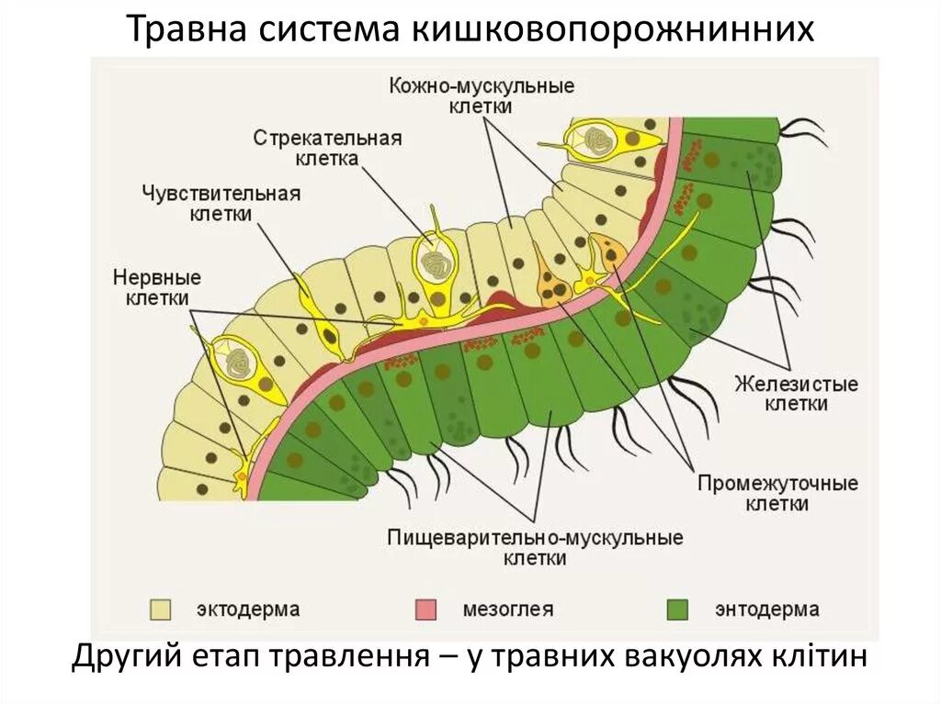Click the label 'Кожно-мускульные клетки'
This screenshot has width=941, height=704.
[x=481, y=95]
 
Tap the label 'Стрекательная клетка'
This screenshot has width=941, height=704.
[x=327, y=148]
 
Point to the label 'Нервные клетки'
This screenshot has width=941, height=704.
[x=157, y=286]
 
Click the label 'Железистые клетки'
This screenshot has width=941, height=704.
[x=795, y=393]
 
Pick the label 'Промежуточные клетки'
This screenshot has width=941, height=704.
[x=777, y=493]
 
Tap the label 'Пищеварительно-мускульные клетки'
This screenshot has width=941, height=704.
[x=535, y=547]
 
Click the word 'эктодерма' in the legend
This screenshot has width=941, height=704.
[x=248, y=609]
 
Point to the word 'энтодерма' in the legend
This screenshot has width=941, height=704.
[x=767, y=609]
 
